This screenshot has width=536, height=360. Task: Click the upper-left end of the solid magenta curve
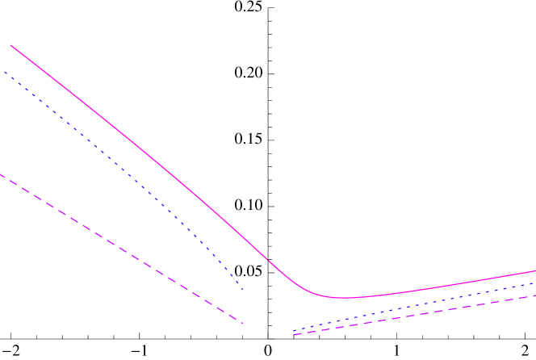click(10, 45)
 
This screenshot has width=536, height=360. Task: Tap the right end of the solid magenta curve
click(535, 271)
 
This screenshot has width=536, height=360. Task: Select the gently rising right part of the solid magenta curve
click(452, 284)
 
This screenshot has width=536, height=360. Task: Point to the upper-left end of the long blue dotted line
click(5, 72)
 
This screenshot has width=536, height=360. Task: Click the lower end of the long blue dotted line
click(243, 288)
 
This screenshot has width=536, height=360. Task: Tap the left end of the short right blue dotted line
click(294, 330)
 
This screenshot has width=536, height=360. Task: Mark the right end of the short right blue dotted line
click(534, 283)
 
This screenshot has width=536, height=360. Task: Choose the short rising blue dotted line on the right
click(412, 307)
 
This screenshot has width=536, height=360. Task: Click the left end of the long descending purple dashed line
click(1, 174)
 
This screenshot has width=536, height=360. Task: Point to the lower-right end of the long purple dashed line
click(242, 324)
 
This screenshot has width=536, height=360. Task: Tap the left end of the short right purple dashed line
click(295, 335)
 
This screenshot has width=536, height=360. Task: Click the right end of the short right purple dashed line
click(534, 296)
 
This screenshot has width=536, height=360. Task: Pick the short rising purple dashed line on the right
click(412, 315)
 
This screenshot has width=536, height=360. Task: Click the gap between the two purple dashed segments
click(268, 329)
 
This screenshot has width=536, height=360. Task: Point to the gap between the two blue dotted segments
click(268, 309)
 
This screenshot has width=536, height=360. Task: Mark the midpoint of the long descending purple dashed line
click(121, 248)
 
